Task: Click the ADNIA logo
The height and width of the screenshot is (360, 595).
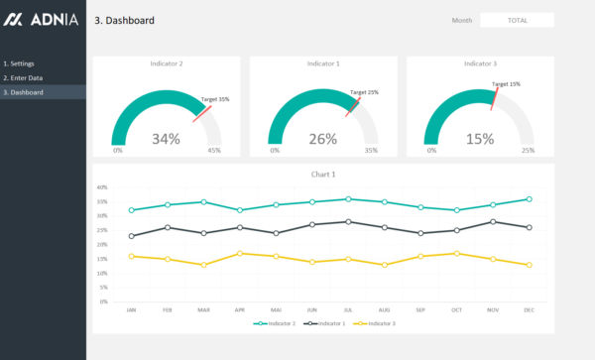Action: pyautogui.click(x=41, y=20)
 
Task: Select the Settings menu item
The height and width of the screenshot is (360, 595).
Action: pyautogui.click(x=20, y=63)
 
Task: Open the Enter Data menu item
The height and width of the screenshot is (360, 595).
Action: pyautogui.click(x=23, y=77)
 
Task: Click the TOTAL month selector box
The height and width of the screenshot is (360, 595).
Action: pyautogui.click(x=517, y=20)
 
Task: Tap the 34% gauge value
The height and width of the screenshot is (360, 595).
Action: pyautogui.click(x=166, y=139)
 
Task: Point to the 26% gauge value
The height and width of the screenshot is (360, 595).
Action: pyautogui.click(x=322, y=139)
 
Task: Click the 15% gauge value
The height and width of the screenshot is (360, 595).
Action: pyautogui.click(x=480, y=139)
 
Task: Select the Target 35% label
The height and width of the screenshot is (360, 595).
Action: pyautogui.click(x=215, y=99)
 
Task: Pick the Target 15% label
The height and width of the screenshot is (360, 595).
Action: pyautogui.click(x=506, y=84)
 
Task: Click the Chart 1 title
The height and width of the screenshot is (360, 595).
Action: pyautogui.click(x=323, y=175)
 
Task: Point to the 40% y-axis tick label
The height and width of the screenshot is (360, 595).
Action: pyautogui.click(x=102, y=186)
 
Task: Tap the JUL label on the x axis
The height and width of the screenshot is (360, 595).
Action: pyautogui.click(x=347, y=309)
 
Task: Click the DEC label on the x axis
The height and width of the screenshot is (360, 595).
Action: pyautogui.click(x=529, y=309)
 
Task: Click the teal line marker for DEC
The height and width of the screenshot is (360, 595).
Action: pyautogui.click(x=529, y=198)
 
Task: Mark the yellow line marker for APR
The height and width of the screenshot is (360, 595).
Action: pyautogui.click(x=239, y=253)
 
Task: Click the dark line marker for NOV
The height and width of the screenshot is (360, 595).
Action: pyautogui.click(x=493, y=221)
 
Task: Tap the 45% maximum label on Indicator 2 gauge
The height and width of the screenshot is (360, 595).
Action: pyautogui.click(x=214, y=151)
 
